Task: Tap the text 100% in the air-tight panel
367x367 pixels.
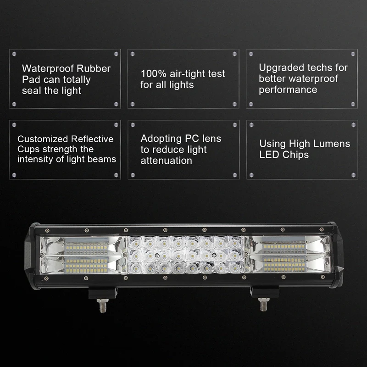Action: (151, 73)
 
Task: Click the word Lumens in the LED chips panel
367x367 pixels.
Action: (331, 144)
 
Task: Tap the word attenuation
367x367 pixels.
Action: (166, 161)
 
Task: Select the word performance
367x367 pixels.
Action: (288, 90)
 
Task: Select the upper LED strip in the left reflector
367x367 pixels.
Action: (86, 248)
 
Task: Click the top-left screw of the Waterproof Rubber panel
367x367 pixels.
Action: (14, 54)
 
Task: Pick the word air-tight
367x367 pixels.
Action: (186, 73)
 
